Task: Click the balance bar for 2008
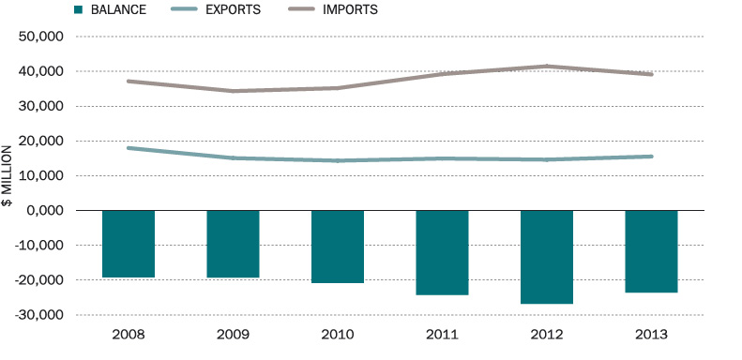click(x=128, y=244)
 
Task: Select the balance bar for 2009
click(x=233, y=244)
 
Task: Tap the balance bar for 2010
click(x=337, y=247)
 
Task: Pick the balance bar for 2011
click(x=442, y=252)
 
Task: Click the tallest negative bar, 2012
click(x=546, y=257)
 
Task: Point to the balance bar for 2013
click(x=651, y=251)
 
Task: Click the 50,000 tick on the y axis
click(x=41, y=37)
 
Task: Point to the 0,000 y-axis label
click(x=45, y=211)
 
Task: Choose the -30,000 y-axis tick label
click(x=39, y=315)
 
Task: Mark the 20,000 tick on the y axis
click(x=41, y=142)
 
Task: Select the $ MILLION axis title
click(x=8, y=176)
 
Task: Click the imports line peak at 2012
click(x=546, y=67)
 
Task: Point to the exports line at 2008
click(x=129, y=148)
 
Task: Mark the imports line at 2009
click(x=233, y=91)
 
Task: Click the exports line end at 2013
click(x=651, y=157)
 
